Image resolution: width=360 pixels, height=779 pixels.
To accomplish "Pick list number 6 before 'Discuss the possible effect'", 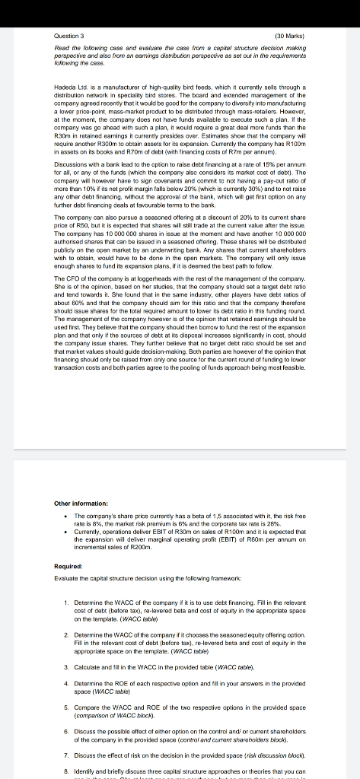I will click(x=67, y=728).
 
